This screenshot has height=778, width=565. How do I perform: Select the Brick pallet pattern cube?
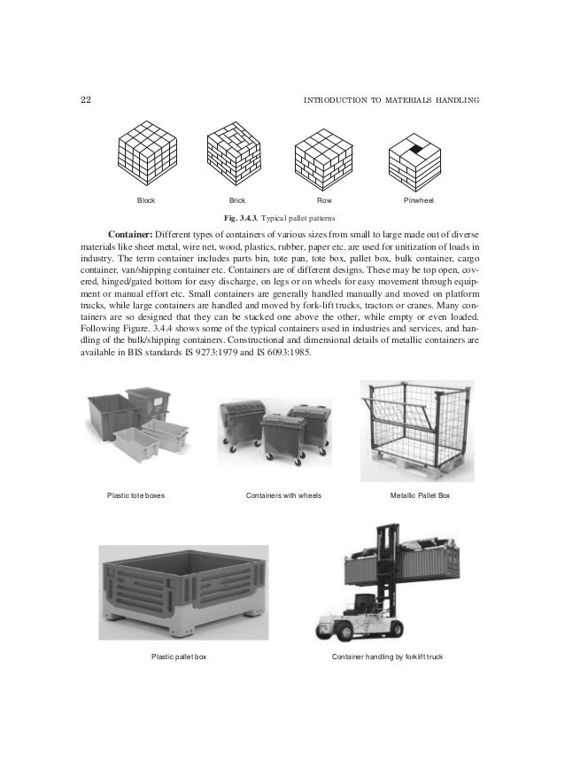236,152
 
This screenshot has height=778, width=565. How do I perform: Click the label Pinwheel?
418,201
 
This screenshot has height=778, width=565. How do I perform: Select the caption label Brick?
237,201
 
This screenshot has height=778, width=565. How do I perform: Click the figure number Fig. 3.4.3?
246,217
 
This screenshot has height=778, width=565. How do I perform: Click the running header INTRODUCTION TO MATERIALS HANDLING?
391,100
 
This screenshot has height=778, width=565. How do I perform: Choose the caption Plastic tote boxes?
135,494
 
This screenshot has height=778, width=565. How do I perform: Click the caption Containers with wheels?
283,494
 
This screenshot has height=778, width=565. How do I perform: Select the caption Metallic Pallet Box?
421,494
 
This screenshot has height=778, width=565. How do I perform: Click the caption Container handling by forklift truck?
387,657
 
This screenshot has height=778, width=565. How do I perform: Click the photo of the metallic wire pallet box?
417,430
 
